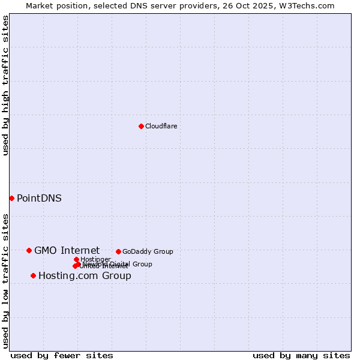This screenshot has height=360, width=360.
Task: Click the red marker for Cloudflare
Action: click(141, 126)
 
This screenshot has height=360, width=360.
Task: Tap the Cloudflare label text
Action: click(161, 126)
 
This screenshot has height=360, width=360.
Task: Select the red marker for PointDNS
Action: click(11, 198)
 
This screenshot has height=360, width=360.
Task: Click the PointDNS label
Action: click(39, 199)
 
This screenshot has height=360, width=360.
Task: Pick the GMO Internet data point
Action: click(29, 250)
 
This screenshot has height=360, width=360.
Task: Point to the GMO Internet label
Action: click(67, 251)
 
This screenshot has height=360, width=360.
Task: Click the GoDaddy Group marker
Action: click(118, 251)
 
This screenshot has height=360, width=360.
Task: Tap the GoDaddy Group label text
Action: click(148, 251)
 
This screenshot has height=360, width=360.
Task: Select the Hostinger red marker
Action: click(76, 259)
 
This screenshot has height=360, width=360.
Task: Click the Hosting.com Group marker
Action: click(33, 275)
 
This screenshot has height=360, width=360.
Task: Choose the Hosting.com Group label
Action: click(85, 276)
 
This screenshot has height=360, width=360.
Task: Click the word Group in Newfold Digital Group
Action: click(142, 264)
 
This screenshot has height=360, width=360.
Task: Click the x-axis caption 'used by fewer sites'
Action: click(62, 355)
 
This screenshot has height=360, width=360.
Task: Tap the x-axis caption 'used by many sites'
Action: click(301, 355)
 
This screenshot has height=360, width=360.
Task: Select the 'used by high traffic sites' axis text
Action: click(5, 85)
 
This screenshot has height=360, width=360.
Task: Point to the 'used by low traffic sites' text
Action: click(5, 281)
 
